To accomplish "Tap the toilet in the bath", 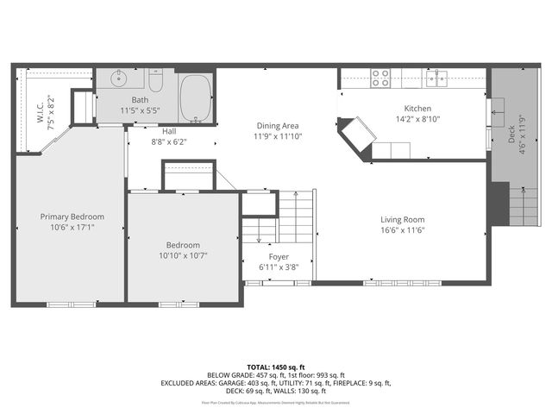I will tap(155, 83).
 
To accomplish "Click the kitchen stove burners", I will tap(381, 79).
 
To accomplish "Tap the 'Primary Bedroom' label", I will tap(72, 216).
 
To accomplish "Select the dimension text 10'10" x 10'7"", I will tap(183, 255).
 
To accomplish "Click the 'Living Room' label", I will tap(403, 219).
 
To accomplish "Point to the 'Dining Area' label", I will tap(278, 125).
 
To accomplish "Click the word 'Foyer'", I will tap(279, 257).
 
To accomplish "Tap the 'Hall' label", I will tap(169, 131).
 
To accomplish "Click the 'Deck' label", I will tap(511, 135).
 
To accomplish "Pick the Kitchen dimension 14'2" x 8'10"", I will tap(418, 119).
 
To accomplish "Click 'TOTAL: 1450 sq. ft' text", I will tap(276, 367).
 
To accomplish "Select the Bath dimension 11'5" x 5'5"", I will tap(140, 111).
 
